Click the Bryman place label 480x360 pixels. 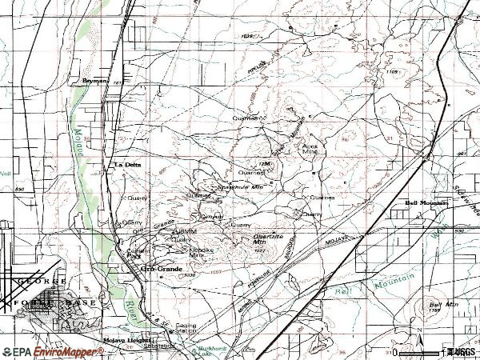coord(94,80)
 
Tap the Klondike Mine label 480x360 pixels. coord(202,252)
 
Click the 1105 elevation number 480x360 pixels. coord(391,73)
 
